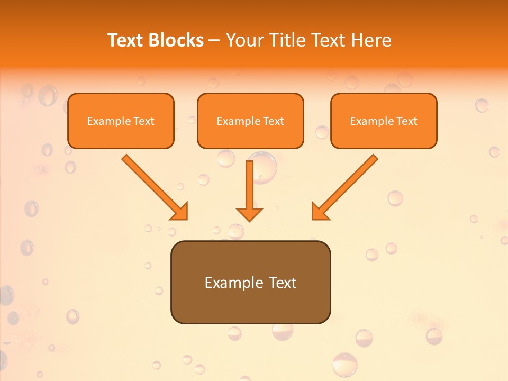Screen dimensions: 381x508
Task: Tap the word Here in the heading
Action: click(x=371, y=40)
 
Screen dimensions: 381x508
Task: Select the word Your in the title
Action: click(x=244, y=40)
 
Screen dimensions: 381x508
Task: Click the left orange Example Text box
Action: click(x=121, y=121)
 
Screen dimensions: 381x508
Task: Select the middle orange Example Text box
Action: click(x=250, y=121)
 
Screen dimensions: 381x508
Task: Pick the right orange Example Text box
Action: click(x=384, y=121)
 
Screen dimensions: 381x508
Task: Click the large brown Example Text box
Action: click(x=250, y=283)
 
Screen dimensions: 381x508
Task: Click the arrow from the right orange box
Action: click(x=347, y=185)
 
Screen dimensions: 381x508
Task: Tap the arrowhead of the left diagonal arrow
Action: click(x=180, y=212)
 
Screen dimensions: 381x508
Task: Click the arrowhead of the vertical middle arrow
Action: click(x=249, y=214)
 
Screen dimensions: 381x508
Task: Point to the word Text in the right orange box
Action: click(x=406, y=121)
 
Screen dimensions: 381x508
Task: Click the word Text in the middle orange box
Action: click(x=273, y=121)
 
